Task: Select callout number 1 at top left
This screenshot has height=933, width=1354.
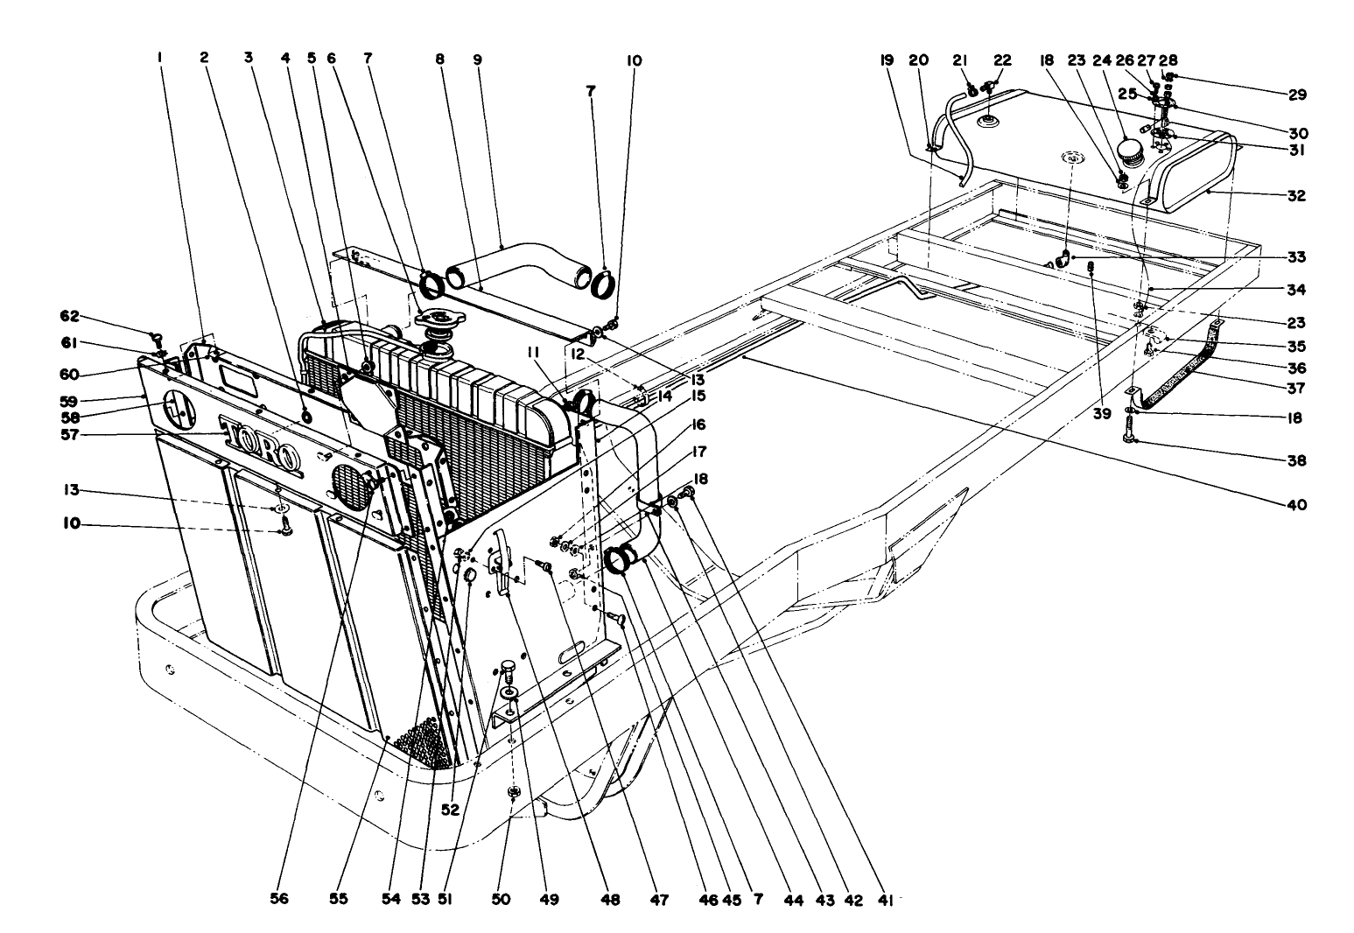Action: [160, 60]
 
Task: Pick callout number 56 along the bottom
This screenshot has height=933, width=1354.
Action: [279, 898]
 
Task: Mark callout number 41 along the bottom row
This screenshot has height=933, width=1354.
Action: [885, 898]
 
